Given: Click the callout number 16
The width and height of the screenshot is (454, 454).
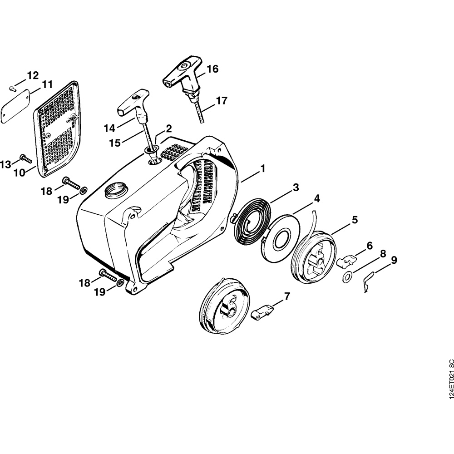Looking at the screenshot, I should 212,69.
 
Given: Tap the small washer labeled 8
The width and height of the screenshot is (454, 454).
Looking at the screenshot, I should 347,276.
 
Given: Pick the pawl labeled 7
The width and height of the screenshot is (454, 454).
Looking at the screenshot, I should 262,312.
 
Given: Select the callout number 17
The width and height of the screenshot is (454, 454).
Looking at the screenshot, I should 221,101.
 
